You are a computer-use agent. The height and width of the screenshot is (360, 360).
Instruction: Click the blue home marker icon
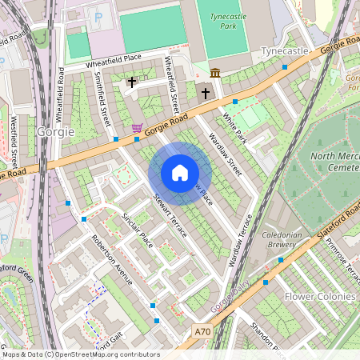point(180,173)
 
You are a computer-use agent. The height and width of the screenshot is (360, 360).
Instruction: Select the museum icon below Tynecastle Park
point(214,74)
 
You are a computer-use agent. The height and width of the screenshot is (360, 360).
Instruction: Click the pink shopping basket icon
point(138,127)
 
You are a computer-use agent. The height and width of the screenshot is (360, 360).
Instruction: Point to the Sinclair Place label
point(136,230)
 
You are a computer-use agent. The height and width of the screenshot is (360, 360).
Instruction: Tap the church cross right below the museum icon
point(205,94)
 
